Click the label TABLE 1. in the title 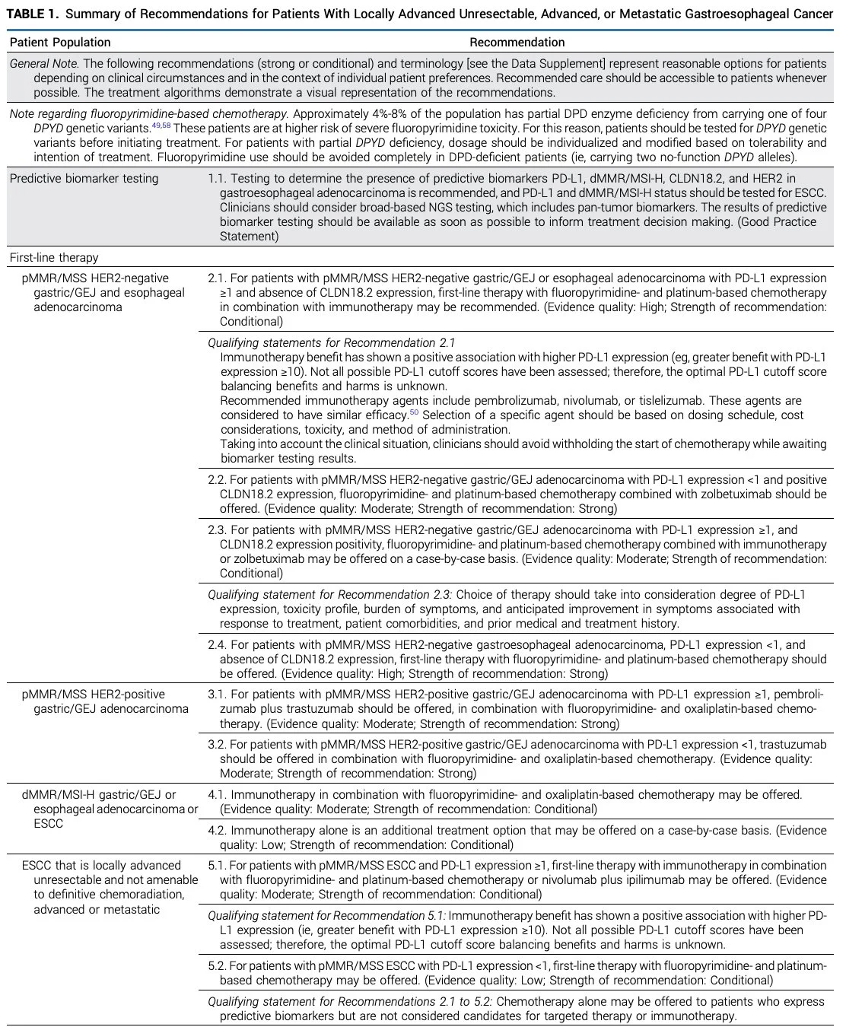[32, 14]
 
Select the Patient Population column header [60, 43]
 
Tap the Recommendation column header [517, 43]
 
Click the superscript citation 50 [415, 412]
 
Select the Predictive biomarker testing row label [84, 179]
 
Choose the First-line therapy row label [54, 258]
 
